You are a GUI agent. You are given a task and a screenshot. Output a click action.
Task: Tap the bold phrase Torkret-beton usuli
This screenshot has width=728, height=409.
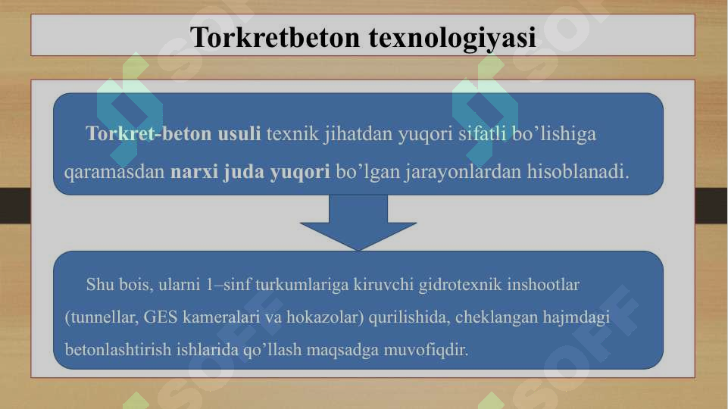click(173, 134)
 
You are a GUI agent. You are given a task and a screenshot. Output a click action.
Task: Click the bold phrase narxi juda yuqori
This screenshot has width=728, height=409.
click(250, 170)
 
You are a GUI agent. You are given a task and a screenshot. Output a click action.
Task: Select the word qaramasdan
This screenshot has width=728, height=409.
click(115, 170)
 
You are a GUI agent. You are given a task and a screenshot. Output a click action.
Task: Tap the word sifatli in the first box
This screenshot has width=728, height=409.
click(483, 134)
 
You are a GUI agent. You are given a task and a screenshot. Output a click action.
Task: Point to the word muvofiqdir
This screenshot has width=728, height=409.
click(426, 351)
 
